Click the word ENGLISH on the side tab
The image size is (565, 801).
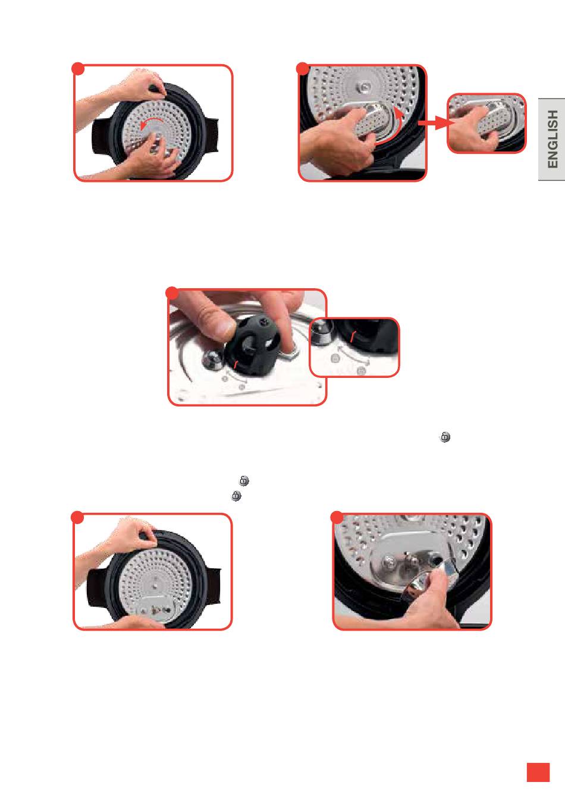point(553,139)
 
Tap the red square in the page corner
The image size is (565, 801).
point(538,772)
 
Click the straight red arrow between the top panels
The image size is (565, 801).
point(436,122)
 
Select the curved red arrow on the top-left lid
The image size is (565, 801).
point(151,122)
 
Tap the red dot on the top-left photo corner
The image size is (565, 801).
point(78,69)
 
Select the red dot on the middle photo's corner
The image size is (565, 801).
point(172,293)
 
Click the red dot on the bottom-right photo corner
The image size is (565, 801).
point(337,518)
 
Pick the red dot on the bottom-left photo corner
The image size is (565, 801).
point(77,518)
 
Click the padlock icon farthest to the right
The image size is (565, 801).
point(445,437)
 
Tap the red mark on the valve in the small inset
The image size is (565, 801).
point(353,336)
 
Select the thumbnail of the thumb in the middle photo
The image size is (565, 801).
point(224,327)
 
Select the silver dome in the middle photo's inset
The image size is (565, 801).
point(321,333)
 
